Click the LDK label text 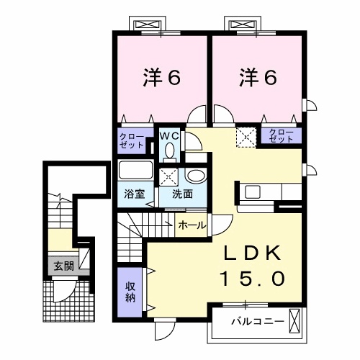(x=253, y=253)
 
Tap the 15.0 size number (x=253, y=279)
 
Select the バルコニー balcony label (x=258, y=321)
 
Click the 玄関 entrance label (x=63, y=266)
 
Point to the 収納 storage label (x=130, y=292)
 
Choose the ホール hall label (x=192, y=225)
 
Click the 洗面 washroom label (x=182, y=194)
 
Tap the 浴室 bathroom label (x=135, y=194)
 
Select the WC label (x=169, y=136)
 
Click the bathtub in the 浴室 (x=136, y=170)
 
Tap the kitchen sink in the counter (x=253, y=192)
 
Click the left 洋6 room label (x=162, y=78)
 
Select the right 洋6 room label (x=258, y=78)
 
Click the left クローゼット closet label (x=132, y=141)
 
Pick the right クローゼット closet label (x=282, y=135)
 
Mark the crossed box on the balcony (x=294, y=321)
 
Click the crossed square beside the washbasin (x=169, y=177)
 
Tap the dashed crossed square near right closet (x=246, y=138)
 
